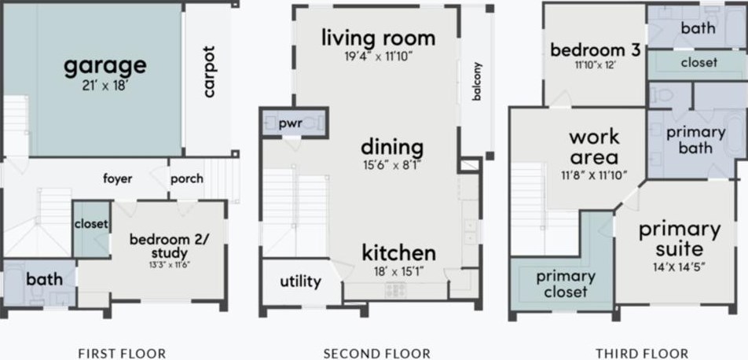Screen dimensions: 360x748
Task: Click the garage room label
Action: coord(105,64)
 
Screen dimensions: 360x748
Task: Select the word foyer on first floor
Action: coord(118,178)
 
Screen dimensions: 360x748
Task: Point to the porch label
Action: coord(187,178)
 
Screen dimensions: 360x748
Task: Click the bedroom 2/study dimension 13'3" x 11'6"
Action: coord(158,265)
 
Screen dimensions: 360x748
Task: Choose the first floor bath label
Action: coord(44,279)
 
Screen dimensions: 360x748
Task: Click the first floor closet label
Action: coord(91,224)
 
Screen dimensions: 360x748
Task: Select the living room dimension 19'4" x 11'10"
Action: coord(378,57)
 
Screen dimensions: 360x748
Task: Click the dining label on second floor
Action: coord(392,146)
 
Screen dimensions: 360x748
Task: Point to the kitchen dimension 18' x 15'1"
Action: coord(398,272)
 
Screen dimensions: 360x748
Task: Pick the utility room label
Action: coord(300,281)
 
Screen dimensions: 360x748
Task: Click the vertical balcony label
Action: coord(477,81)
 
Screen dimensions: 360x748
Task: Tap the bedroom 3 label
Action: coord(595,50)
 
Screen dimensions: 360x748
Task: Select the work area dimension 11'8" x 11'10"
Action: coord(594,174)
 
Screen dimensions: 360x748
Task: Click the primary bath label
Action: coord(695,140)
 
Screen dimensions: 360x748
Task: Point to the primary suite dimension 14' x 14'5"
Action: coord(680,267)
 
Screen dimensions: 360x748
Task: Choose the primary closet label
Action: coord(566,284)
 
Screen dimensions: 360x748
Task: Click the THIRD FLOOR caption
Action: coord(641,354)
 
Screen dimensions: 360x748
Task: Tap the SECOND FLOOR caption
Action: coord(377,354)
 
